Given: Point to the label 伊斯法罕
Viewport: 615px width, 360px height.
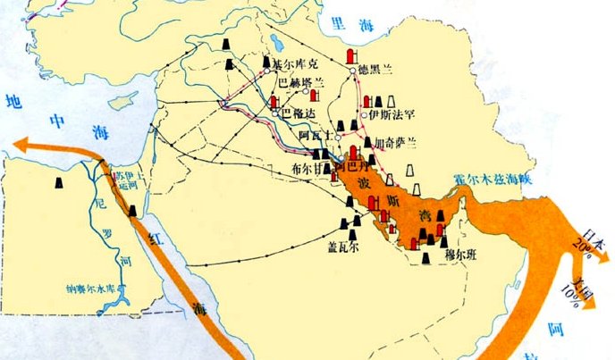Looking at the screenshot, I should coord(388,114).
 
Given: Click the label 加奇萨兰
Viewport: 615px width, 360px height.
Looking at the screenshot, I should coord(394,143).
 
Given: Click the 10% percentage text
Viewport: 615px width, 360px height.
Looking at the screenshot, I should coord(572,295).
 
